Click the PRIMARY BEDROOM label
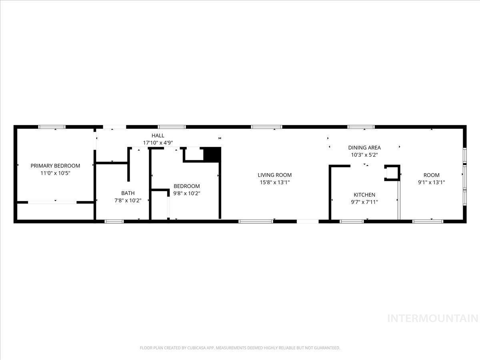[x=55, y=166]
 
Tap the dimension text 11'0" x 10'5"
[x=55, y=173]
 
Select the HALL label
[x=158, y=136]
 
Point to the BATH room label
[x=128, y=193]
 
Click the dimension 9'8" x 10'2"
[x=187, y=193]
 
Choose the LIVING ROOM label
[x=275, y=175]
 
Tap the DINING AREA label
[x=364, y=148]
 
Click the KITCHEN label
[x=364, y=194]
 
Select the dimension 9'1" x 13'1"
[x=432, y=182]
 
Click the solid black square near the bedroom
[x=212, y=154]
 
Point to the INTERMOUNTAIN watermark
[x=433, y=318]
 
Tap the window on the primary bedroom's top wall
[x=52, y=127]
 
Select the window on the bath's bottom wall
[x=114, y=222]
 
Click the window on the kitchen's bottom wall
[x=352, y=222]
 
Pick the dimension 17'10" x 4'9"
[x=158, y=143]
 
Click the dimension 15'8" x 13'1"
[x=275, y=182]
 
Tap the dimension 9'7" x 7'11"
[x=364, y=202]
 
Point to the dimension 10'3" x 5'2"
[x=364, y=155]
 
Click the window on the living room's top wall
[x=266, y=127]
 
